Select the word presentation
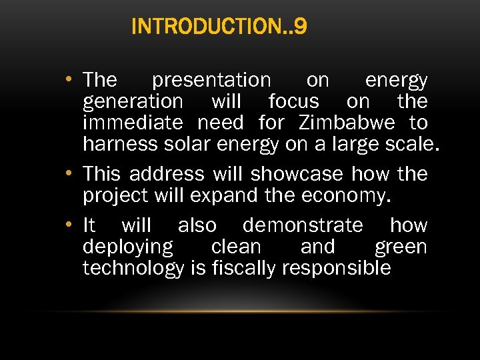(x=211, y=81)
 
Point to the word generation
(x=133, y=102)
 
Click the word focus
(x=293, y=101)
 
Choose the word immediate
(x=133, y=123)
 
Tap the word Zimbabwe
(x=347, y=123)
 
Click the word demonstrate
(x=303, y=225)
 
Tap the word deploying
(x=127, y=247)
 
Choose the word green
(x=401, y=247)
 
